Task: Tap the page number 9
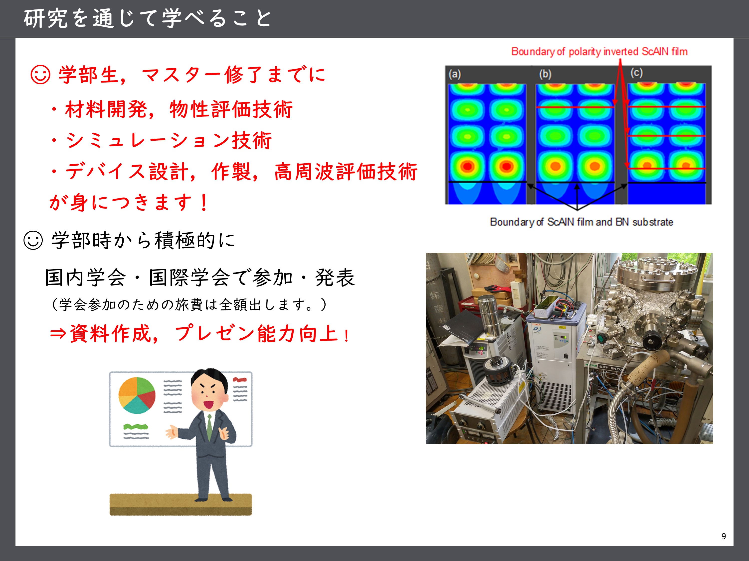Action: coord(723,536)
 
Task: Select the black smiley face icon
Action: coord(33,240)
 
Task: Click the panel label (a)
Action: coord(455,74)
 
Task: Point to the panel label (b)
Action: coord(545,74)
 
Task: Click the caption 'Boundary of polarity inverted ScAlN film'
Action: coord(599,51)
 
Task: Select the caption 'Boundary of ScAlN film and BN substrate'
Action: coord(581,222)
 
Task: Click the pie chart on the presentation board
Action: coord(137,395)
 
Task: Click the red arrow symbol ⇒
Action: coord(58,334)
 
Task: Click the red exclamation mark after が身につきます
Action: coord(204,202)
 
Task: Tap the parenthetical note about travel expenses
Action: coord(189,304)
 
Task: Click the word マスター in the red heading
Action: coord(182,75)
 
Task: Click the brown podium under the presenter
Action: coord(181,505)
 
